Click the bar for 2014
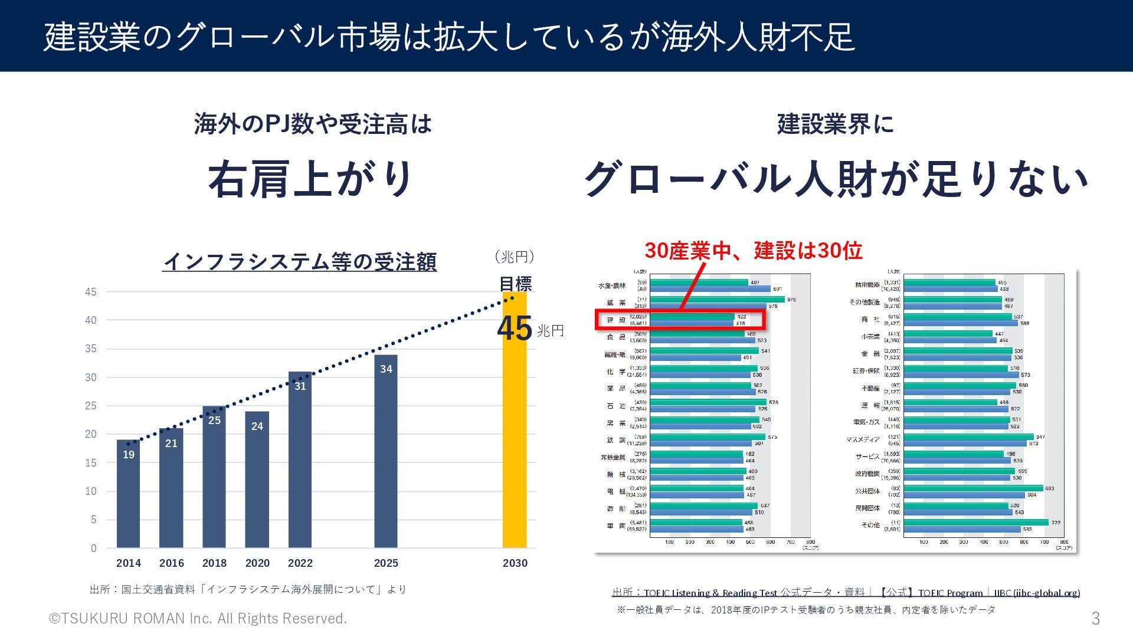point(128,495)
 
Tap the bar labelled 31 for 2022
point(300,460)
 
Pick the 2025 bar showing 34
point(385,454)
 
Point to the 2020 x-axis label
point(257,563)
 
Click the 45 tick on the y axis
point(91,292)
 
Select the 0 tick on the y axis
point(93,549)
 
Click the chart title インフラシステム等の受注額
point(300,262)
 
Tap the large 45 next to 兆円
point(515,329)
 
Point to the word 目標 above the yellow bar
point(515,284)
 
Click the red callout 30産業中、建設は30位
point(753,251)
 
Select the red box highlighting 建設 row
point(680,319)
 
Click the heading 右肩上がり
point(311,179)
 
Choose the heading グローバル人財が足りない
point(836,179)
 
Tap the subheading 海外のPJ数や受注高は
point(313,124)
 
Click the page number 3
point(1095,618)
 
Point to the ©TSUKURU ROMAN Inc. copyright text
point(198,618)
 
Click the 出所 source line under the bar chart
point(248,589)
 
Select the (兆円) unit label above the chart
point(515,257)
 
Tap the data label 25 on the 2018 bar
point(214,421)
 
